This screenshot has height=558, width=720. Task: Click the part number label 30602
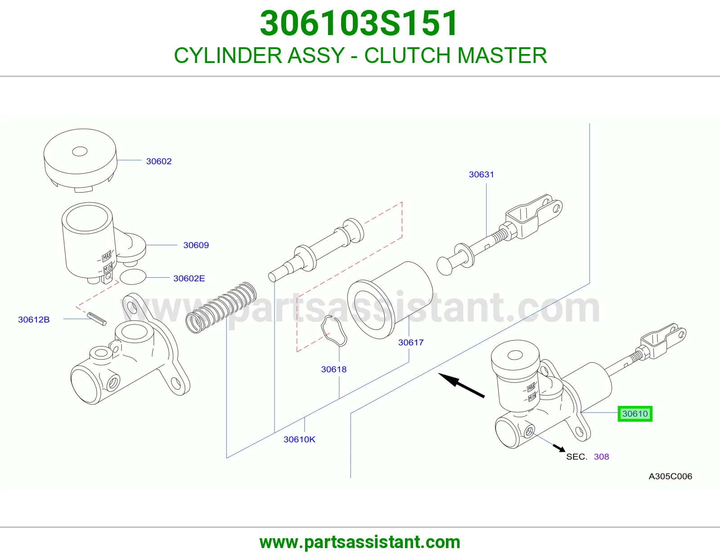pos(159,162)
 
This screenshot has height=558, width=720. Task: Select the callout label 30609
pos(196,245)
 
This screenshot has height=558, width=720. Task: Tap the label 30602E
pos(189,279)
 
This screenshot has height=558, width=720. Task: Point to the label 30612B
pos(34,319)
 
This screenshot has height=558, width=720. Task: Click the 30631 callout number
pos(481,174)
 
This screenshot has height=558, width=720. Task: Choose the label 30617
pos(411,342)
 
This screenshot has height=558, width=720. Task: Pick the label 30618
pos(333,369)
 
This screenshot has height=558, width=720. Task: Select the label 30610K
pos(299,439)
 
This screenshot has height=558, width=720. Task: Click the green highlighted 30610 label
pos(635,414)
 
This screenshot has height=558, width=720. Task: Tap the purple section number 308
pos(601,457)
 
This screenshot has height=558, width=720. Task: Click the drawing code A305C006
pos(670,476)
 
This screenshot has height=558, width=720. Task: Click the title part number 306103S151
pos(359,23)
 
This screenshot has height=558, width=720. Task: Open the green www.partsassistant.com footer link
pos(360,542)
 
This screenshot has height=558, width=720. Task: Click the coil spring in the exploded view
pos(221,307)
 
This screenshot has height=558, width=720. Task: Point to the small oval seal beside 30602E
pos(133,277)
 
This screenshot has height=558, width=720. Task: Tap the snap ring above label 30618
pos(334,331)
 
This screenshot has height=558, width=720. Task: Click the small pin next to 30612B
pos(97,319)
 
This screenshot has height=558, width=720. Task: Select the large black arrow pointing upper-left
pos(461,385)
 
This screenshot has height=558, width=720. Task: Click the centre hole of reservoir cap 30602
pos(80,152)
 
